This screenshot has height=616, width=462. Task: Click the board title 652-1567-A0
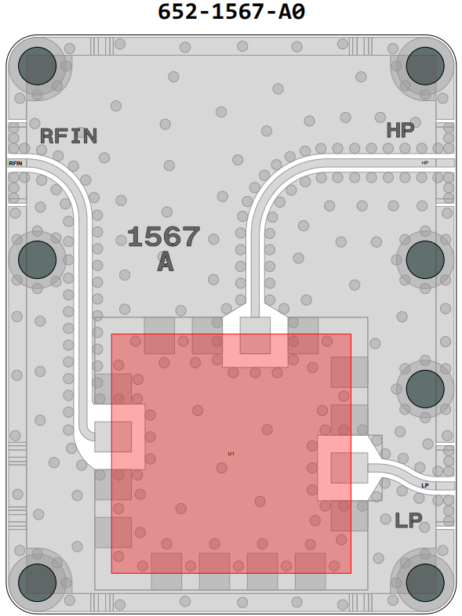[x=231, y=12]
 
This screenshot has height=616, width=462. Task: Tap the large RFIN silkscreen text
[x=69, y=136]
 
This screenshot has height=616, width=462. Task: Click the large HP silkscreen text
[x=400, y=130]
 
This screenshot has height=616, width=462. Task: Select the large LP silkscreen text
[x=408, y=520]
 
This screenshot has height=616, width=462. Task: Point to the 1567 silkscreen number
[x=164, y=237]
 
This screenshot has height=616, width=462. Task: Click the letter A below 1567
[x=166, y=262]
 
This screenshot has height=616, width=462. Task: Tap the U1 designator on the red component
[x=231, y=454]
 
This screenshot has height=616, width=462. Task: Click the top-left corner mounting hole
[x=38, y=66]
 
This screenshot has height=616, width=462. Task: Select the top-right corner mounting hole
[x=425, y=66]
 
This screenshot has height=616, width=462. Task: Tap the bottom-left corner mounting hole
[x=38, y=582]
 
